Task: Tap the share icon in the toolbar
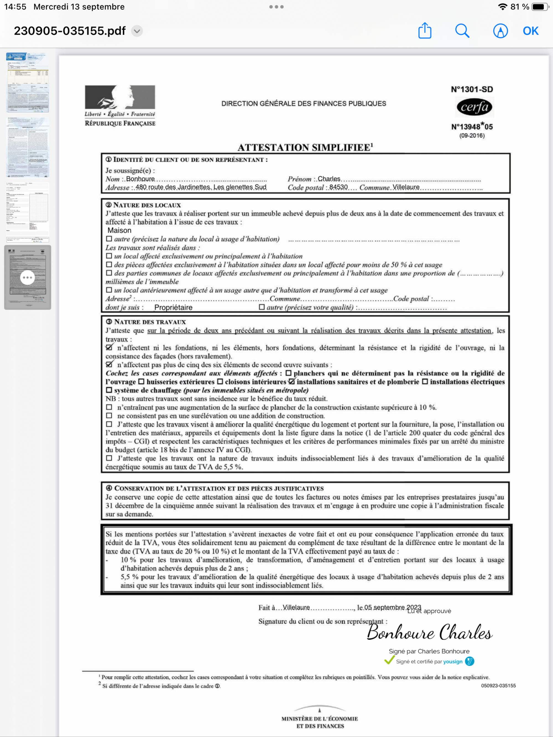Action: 425,31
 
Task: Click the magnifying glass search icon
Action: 462,31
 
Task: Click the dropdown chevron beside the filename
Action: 137,31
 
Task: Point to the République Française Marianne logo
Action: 120,97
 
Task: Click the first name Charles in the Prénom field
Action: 329,179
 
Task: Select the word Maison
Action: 119,230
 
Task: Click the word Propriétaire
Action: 173,307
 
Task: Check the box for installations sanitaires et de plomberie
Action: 292,382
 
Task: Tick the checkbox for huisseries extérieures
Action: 141,382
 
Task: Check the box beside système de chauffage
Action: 109,390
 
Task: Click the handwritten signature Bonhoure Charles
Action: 429,632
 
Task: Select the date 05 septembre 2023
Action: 393,607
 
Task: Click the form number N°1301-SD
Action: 472,89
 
